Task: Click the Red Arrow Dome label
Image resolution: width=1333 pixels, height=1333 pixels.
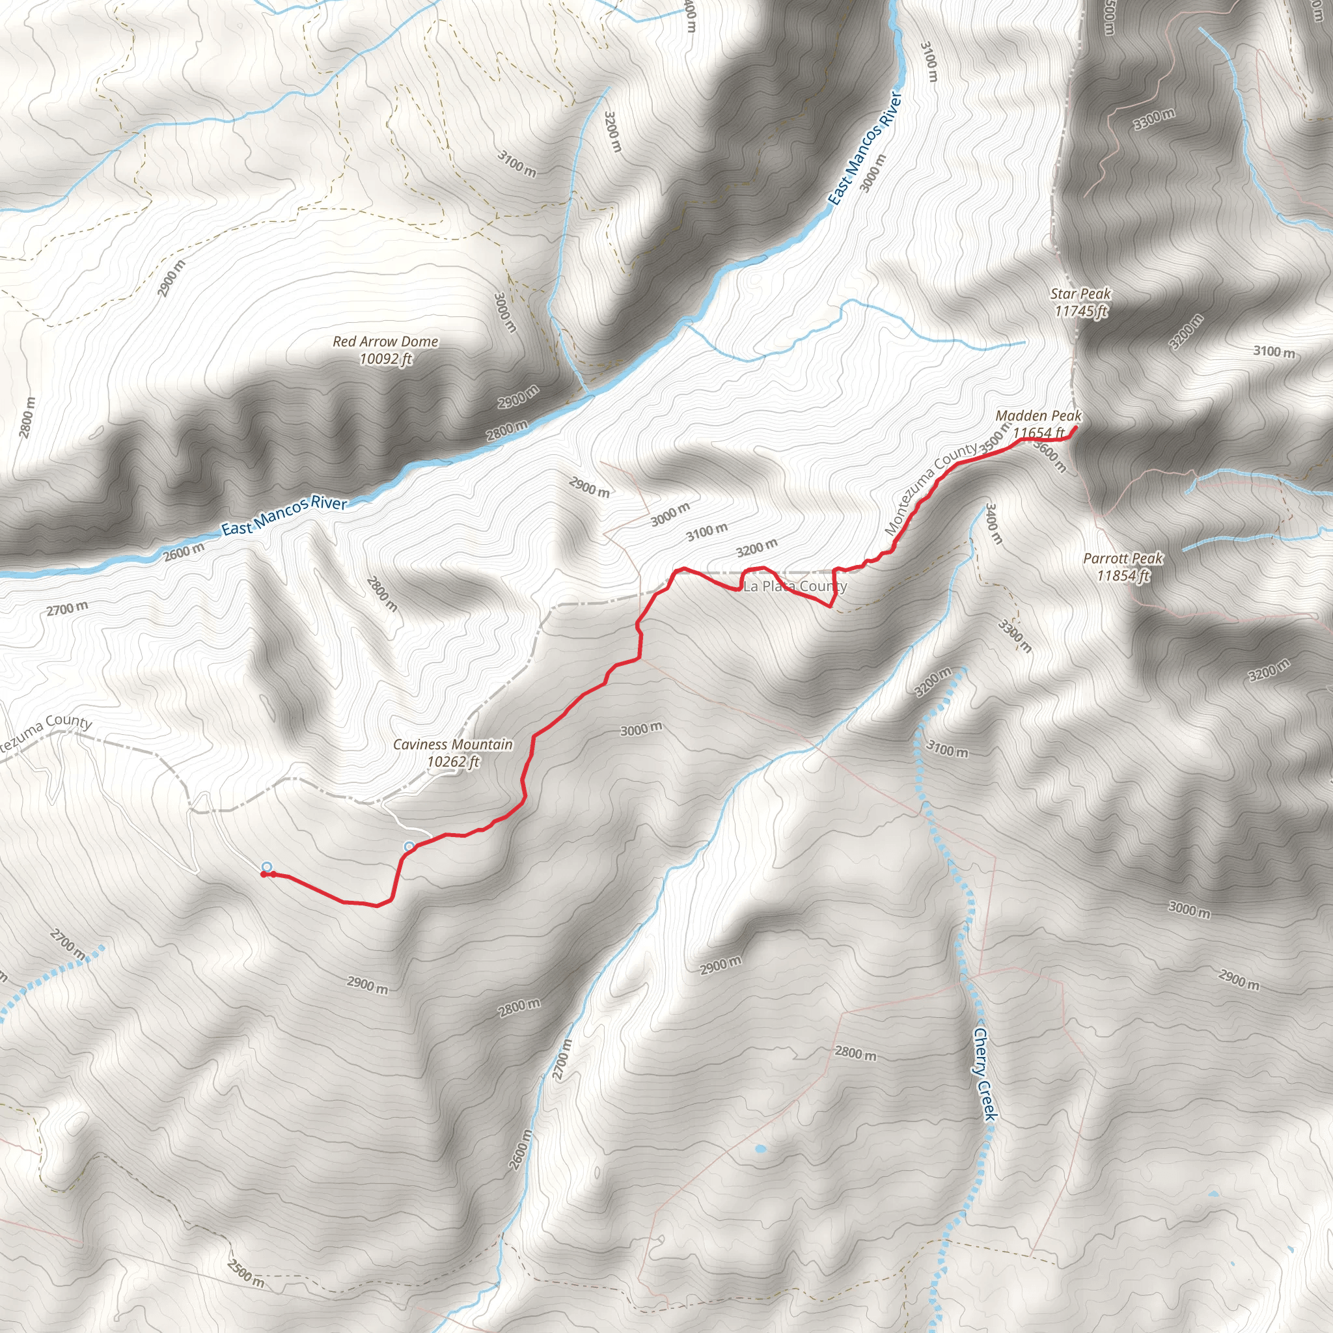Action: [x=385, y=342]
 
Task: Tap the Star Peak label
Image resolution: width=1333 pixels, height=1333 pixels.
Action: [x=1080, y=294]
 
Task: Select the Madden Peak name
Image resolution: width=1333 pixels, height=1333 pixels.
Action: [x=1038, y=416]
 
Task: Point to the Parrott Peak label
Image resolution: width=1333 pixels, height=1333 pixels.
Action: [x=1123, y=558]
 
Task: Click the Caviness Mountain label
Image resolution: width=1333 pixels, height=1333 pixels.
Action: [x=452, y=745]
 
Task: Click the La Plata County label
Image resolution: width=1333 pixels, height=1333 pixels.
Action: [x=795, y=586]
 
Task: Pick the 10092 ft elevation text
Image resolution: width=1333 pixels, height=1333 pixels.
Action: [x=385, y=359]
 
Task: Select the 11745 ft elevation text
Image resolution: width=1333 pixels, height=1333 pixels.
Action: [x=1080, y=311]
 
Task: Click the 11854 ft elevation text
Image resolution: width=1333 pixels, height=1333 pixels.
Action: [x=1123, y=575]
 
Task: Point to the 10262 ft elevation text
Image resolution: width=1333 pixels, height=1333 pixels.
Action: [x=452, y=762]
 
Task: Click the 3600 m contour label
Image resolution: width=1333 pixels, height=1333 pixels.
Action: [x=1050, y=457]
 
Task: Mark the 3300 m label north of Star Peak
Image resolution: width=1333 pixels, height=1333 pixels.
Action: [x=1154, y=118]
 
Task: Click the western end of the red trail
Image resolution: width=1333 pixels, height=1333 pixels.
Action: [x=263, y=874]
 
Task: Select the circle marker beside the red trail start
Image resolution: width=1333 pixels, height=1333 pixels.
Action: [x=267, y=866]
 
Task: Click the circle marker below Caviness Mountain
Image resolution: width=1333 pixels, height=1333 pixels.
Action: [x=409, y=846]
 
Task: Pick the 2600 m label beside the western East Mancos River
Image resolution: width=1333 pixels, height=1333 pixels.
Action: [x=184, y=551]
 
